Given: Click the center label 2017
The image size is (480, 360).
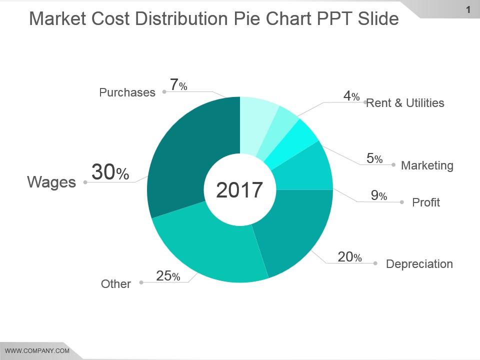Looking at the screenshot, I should [239, 190].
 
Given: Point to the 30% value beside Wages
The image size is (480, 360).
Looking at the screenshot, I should [110, 173].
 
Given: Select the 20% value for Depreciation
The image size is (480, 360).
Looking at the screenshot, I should [349, 257].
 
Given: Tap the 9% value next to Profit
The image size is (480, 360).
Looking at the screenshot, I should [379, 196].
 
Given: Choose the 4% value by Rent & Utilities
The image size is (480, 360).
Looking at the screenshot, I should [351, 96].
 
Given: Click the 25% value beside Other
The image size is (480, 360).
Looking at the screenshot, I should [168, 276].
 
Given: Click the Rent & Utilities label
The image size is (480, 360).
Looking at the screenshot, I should [405, 103].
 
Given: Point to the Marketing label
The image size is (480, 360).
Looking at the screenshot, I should [427, 165].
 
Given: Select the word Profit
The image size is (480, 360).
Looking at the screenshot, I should [426, 202].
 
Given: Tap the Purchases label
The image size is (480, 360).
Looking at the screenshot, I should [127, 92].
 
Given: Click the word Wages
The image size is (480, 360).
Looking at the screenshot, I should [51, 182].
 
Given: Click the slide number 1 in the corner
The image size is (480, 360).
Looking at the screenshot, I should [468, 9].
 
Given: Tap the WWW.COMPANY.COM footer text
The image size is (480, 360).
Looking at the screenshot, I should [37, 351].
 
